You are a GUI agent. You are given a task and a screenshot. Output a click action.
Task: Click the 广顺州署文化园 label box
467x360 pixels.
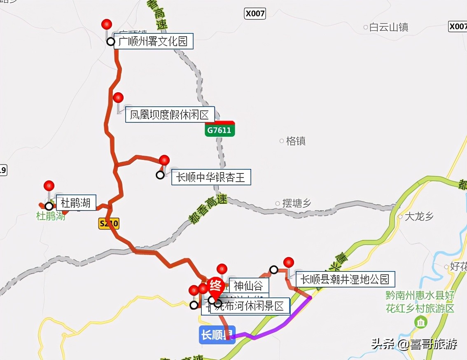tap(153, 42)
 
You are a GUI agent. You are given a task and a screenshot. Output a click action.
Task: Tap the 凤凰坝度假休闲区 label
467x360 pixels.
tap(170, 115)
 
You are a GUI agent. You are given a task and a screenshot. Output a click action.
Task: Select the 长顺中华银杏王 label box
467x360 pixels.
tap(211, 178)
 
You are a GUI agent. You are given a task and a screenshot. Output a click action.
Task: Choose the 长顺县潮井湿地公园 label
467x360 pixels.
tap(345, 279)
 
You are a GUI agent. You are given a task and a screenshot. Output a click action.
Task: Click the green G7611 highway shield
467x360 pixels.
tap(220, 130)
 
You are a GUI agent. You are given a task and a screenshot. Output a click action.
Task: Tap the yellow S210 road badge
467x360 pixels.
tap(109, 224)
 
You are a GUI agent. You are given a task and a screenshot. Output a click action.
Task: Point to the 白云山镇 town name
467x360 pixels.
tap(388, 28)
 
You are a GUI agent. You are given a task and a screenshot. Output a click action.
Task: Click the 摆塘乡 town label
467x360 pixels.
tap(297, 203)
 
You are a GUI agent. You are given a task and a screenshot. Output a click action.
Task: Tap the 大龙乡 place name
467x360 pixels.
tap(419, 217)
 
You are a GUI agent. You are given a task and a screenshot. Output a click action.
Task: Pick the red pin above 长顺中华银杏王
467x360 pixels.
tap(164, 160)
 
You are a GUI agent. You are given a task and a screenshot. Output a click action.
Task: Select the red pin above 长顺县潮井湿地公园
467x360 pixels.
tap(289, 262)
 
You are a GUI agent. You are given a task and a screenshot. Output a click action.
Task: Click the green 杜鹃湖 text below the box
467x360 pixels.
tap(51, 216)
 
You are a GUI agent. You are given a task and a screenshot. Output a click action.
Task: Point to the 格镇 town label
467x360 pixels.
tap(295, 141)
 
